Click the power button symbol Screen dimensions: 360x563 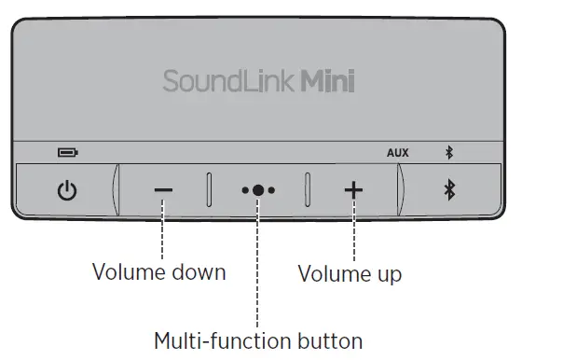tap(66, 191)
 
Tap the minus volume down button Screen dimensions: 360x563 tap(163, 190)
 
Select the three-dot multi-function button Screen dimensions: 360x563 tap(258, 190)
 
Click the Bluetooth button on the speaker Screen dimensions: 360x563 tap(449, 190)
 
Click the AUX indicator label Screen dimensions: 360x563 tap(398, 152)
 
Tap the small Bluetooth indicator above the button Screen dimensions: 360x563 tap(449, 152)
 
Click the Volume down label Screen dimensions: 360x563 tap(158, 272)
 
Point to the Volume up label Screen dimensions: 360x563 tap(350, 274)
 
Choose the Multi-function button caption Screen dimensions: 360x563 tap(258, 339)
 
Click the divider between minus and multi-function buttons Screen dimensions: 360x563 tap(210, 189)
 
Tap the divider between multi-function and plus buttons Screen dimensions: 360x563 tap(307, 189)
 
